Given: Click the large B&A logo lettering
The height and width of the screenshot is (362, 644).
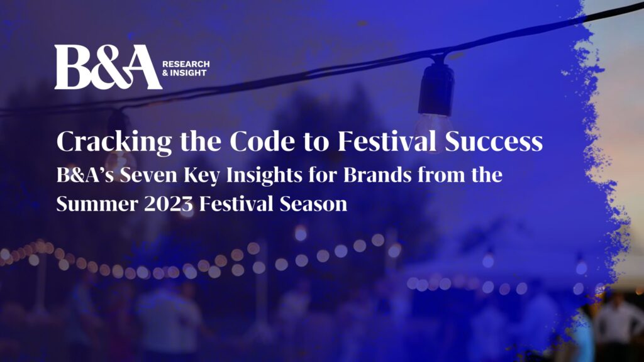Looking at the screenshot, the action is (x=108, y=67).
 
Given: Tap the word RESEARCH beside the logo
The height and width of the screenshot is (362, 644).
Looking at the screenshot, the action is (x=186, y=64).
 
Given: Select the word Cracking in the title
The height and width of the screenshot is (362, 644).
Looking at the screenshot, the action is (x=114, y=141).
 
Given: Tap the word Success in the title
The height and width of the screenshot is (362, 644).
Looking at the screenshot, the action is (x=494, y=141).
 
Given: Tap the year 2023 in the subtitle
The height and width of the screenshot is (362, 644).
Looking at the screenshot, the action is (x=169, y=204).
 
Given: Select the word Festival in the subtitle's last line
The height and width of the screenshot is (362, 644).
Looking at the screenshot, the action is (x=236, y=204).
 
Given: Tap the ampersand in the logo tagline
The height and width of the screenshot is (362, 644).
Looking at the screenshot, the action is (x=165, y=73).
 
